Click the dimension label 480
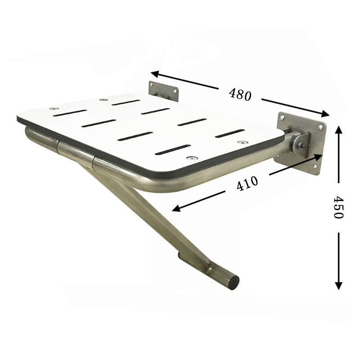[x=239, y=94]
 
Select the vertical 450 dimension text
[x=338, y=207]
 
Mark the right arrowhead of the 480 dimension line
[x=327, y=114]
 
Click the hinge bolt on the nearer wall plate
[x=300, y=144]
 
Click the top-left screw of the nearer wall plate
[x=282, y=117]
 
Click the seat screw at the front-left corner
[x=54, y=109]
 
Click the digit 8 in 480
[x=239, y=94]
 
